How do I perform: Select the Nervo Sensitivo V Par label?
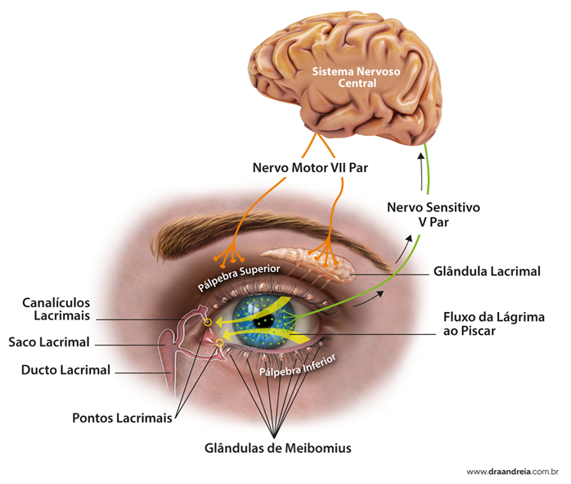click(422, 215)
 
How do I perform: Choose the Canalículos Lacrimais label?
click(56, 309)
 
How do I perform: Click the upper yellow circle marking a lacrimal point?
click(207, 322)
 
